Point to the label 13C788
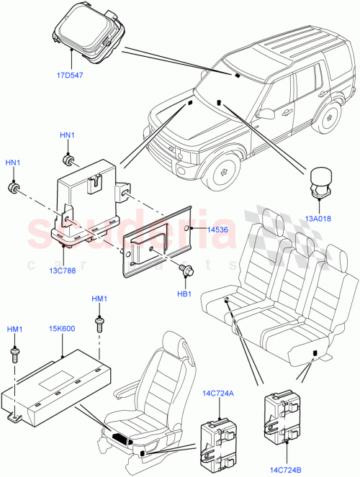coord(63,271)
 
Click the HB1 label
coord(184,294)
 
